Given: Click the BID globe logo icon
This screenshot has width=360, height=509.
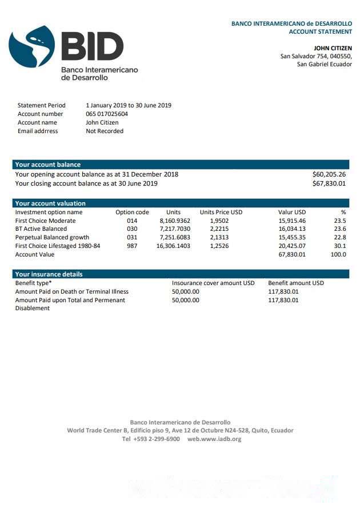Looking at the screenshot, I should coord(32,47).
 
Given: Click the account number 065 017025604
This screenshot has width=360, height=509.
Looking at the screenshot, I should coord(107,114).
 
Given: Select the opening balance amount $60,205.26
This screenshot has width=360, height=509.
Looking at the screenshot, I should coord(329,174).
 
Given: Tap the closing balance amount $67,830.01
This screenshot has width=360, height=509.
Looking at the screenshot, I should coord(329,183).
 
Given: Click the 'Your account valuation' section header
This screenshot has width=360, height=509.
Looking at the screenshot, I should coord(50,203).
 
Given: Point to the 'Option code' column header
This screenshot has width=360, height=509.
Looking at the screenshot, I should coord(132,212).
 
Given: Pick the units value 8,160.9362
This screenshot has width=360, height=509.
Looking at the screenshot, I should coord(175,221).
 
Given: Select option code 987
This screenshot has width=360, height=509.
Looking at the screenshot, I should coord(132,246).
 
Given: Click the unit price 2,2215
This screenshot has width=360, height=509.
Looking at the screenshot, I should coord(219,229).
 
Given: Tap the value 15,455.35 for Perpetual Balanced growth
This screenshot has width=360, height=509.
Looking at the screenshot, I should coord(292,237).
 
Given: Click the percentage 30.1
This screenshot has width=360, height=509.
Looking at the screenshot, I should coord(339,246).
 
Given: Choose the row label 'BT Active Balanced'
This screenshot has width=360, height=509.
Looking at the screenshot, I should coord(41,229).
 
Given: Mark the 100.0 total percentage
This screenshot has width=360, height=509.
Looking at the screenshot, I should coord(338,254).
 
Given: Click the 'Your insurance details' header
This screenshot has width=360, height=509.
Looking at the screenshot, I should coord(49,274).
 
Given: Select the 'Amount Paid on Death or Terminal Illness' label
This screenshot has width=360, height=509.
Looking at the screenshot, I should coord(71,291).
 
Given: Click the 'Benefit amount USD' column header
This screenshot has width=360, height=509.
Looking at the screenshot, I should coord(295,283).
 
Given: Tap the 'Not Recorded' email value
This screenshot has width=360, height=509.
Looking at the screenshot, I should coord(105,131).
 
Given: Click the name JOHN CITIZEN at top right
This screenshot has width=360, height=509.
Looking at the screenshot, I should coord(333,48).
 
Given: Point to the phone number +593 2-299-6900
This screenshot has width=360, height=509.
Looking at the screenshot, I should coord(151,439).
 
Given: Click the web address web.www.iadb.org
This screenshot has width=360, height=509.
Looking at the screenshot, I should coord(214,439).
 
